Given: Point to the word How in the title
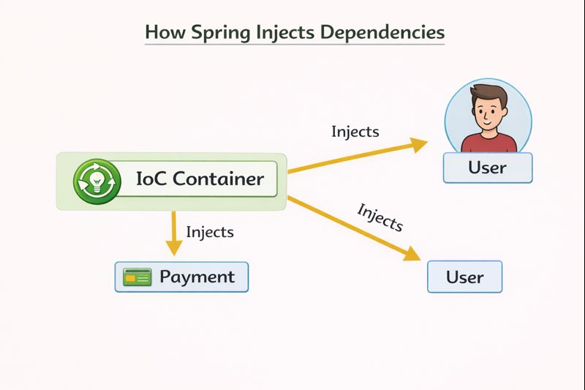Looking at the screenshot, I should tap(161, 33).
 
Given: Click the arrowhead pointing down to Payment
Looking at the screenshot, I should tap(173, 247).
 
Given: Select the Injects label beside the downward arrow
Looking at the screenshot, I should tap(210, 232).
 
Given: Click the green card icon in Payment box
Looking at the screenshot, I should tap(137, 277).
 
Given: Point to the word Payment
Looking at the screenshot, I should tap(197, 277).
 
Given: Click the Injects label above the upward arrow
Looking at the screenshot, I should tap(355, 132).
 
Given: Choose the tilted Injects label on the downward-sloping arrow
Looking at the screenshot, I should tap(380, 217).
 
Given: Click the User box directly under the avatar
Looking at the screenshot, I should tap(487, 168).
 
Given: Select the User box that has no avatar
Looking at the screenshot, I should tap(464, 277).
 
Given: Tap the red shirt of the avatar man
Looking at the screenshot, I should tap(488, 143).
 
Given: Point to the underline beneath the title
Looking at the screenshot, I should tap(294, 45).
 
